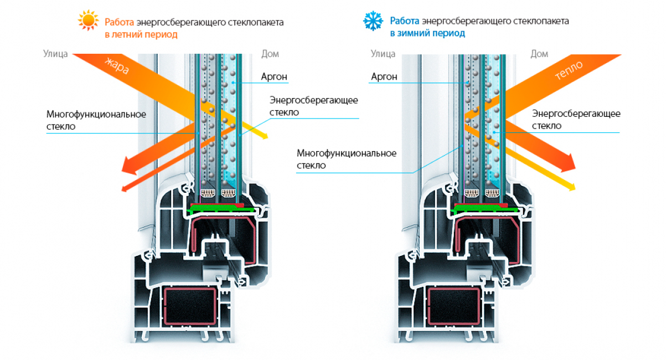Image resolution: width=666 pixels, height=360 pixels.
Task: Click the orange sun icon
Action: [x=88, y=22]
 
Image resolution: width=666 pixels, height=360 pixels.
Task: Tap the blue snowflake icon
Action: [x=373, y=22]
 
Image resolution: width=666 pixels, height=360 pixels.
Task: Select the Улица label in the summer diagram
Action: [x=55, y=54]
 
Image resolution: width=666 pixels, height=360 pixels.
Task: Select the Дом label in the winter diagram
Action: [x=539, y=54]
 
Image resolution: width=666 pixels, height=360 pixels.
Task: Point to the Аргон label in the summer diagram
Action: [x=274, y=77]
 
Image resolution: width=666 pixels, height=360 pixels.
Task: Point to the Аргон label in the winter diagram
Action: [x=383, y=77]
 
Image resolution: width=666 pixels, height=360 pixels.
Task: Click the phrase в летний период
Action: [x=141, y=34]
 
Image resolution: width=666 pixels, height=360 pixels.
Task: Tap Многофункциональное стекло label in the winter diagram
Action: [x=346, y=159]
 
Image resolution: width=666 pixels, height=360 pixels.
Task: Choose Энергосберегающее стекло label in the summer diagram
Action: [x=314, y=106]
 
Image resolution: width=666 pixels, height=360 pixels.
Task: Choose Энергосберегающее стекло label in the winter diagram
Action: [x=576, y=120]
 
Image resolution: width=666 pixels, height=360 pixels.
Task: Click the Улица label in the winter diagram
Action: [x=383, y=54]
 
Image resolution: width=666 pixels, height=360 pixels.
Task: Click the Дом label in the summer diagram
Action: [x=270, y=54]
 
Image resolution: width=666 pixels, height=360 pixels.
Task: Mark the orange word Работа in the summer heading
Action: [x=117, y=22]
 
